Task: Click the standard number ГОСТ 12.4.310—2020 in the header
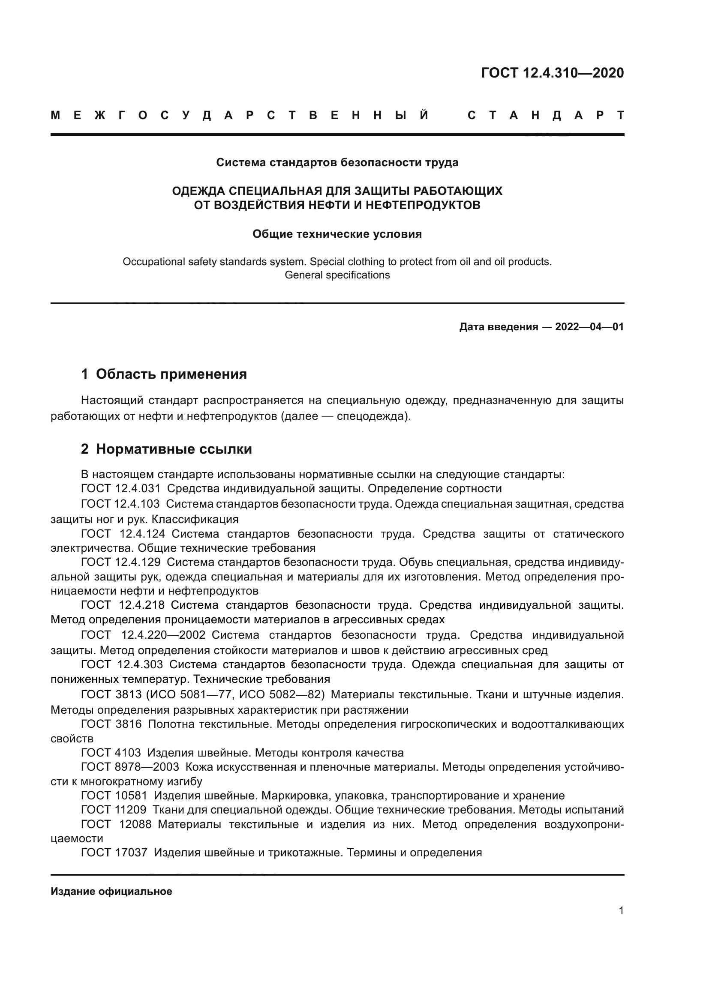[552, 73]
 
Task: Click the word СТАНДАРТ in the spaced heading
[545, 116]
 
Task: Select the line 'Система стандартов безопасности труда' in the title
[337, 163]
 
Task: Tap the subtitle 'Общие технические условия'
[337, 234]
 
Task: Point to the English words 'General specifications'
[337, 275]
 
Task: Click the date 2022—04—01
[589, 327]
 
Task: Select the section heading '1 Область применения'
[164, 374]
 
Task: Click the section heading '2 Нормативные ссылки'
[166, 449]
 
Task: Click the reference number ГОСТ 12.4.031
[121, 488]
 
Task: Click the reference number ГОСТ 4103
[111, 753]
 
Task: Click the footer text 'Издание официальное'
[111, 891]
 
